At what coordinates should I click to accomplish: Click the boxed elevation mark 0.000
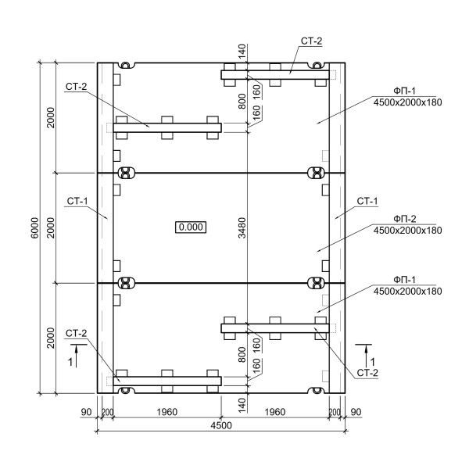(x=191, y=227)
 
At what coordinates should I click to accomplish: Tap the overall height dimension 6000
(x=35, y=228)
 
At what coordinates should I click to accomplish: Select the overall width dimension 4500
(x=221, y=425)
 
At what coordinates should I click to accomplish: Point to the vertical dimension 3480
(x=242, y=228)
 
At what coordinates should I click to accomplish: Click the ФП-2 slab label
(x=405, y=219)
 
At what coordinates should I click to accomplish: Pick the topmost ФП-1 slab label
(x=405, y=91)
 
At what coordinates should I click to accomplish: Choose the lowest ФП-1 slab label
(x=405, y=280)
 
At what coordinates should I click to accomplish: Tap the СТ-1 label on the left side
(x=77, y=201)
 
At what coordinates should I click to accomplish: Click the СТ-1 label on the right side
(x=367, y=201)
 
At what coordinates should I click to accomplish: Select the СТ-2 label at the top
(x=312, y=41)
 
